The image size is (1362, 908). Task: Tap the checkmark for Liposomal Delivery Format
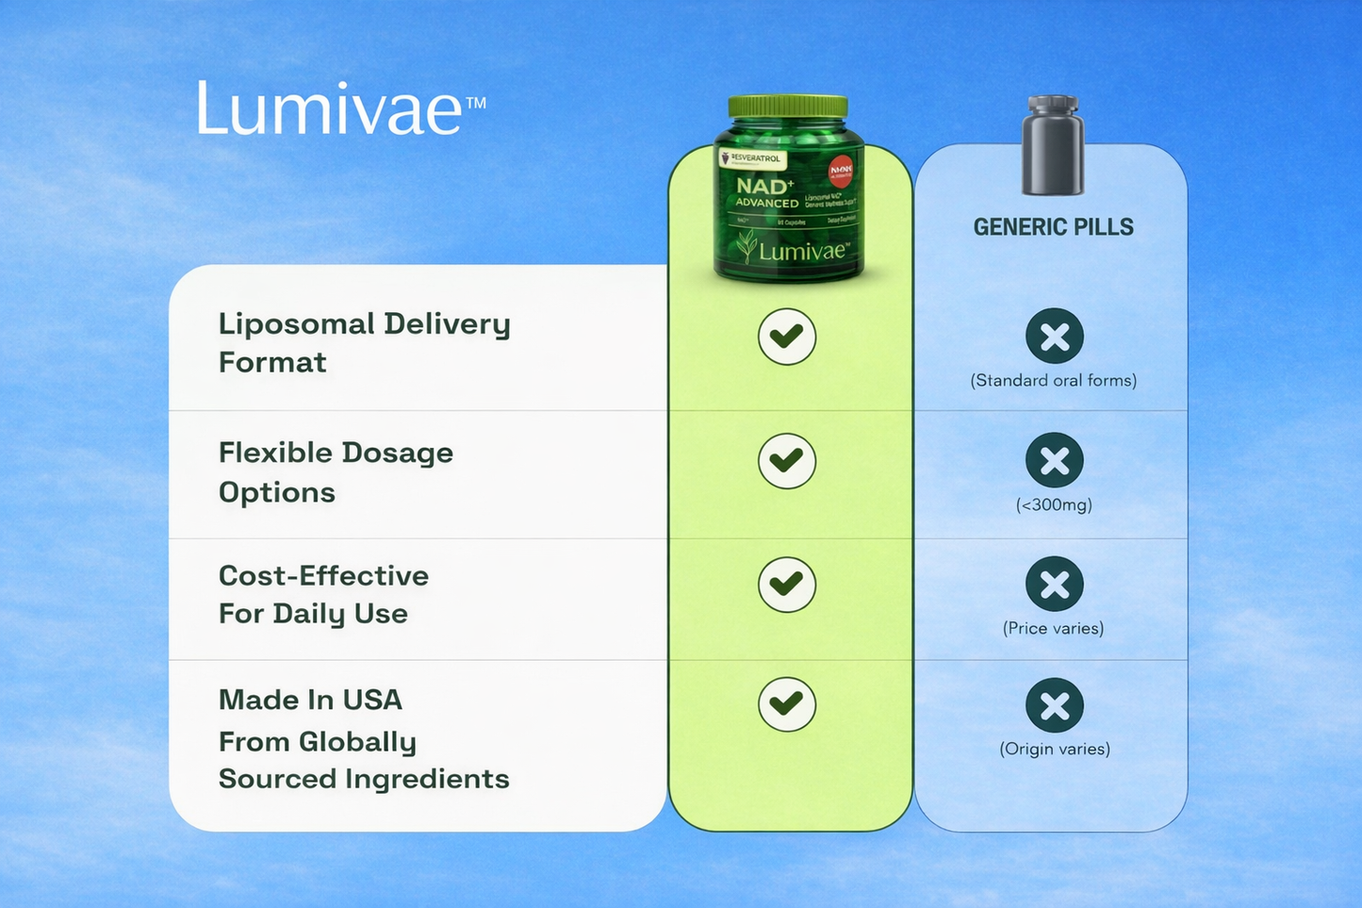click(787, 337)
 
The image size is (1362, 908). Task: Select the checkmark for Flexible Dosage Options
click(787, 461)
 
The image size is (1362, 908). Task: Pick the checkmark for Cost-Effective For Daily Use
click(787, 585)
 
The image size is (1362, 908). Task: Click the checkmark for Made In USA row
click(787, 704)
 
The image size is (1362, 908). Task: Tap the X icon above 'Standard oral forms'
click(1055, 337)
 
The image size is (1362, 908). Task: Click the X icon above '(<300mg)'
click(1055, 461)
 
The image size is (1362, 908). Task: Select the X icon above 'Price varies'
click(1055, 585)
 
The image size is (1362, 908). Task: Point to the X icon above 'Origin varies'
click(1055, 705)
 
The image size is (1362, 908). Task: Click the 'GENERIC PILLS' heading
click(1054, 227)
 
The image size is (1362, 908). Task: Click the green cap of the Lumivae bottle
click(788, 107)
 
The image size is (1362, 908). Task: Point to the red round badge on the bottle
click(840, 172)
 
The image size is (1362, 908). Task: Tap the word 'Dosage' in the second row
click(396, 454)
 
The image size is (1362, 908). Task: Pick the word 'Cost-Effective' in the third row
click(323, 576)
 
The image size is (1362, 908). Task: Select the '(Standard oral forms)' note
click(1054, 381)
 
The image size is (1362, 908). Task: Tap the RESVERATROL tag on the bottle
click(752, 158)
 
